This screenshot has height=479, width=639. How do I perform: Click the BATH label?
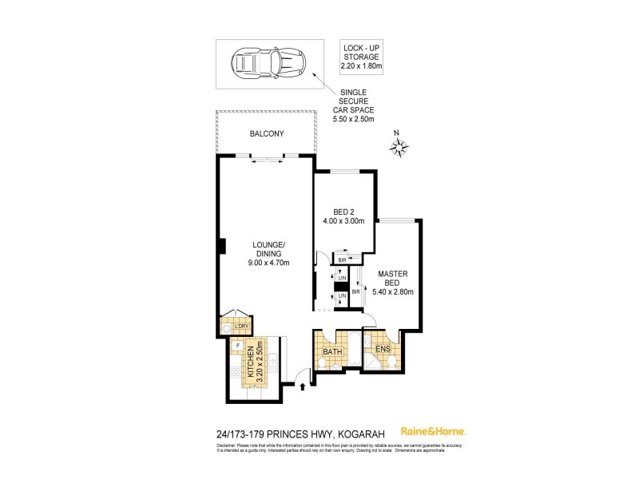pos(332,350)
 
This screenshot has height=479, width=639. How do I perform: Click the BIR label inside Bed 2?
pos(341,259)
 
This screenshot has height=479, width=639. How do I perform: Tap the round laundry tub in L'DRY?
pos(227,328)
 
